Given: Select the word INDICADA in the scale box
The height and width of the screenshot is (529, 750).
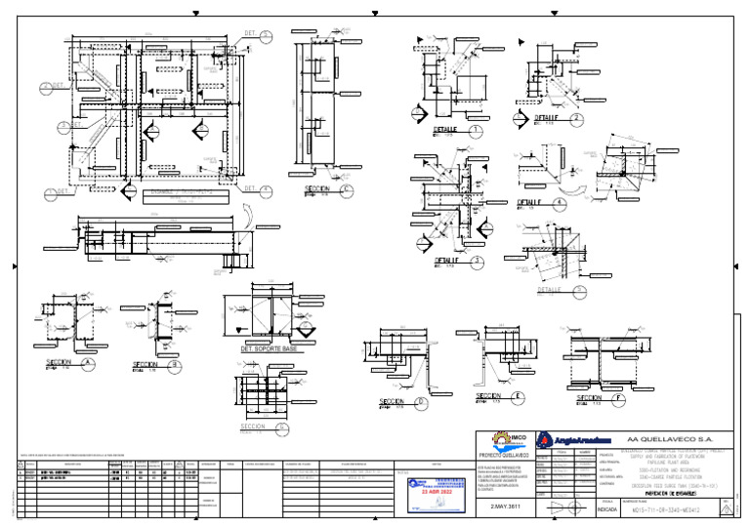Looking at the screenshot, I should coord(606,509).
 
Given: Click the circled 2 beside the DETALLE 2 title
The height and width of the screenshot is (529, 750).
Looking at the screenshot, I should coord(576,118).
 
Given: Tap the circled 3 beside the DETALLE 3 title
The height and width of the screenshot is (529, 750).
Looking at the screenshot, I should coord(476,262).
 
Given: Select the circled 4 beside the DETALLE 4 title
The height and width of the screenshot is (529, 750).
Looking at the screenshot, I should coord(559,203).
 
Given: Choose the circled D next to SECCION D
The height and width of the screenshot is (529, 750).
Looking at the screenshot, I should coord(421,401).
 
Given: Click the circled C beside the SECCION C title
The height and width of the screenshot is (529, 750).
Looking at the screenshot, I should coord(347,189).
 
